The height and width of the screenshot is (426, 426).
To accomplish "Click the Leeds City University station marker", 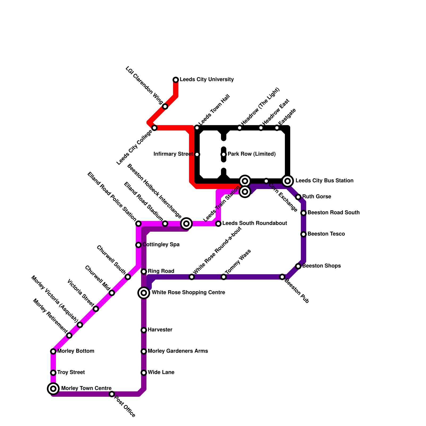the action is click(x=176, y=80).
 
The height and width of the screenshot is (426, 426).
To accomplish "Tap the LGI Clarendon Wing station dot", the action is click(x=165, y=106).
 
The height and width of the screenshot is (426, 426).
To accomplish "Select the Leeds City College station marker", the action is click(x=154, y=128).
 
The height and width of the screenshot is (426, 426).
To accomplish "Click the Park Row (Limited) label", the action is click(x=252, y=154).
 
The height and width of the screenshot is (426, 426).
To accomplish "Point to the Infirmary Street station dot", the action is click(x=197, y=154).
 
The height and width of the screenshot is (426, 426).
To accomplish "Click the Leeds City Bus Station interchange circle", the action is click(x=288, y=181).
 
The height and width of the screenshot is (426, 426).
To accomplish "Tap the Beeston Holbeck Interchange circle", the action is click(x=186, y=224).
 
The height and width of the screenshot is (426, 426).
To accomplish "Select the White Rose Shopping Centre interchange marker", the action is click(x=144, y=293).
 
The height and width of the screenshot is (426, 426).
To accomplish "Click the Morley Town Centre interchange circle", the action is click(x=53, y=389).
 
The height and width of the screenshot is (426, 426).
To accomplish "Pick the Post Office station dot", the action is click(x=112, y=394).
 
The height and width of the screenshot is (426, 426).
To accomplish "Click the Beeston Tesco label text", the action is click(x=326, y=234).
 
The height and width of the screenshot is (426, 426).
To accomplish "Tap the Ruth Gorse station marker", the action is click(x=298, y=197).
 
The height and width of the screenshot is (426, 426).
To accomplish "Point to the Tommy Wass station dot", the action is click(x=224, y=277).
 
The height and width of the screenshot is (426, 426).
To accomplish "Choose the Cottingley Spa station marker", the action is click(x=138, y=245).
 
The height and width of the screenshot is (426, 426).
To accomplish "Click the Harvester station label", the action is click(x=160, y=330).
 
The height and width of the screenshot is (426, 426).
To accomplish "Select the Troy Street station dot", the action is click(x=53, y=373).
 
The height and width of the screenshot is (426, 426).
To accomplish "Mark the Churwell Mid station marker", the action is click(x=112, y=293).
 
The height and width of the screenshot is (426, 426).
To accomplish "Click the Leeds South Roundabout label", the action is click(x=255, y=223).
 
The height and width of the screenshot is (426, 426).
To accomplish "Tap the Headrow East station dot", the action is click(x=261, y=128).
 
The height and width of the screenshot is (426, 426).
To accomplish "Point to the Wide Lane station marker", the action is click(x=144, y=373).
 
